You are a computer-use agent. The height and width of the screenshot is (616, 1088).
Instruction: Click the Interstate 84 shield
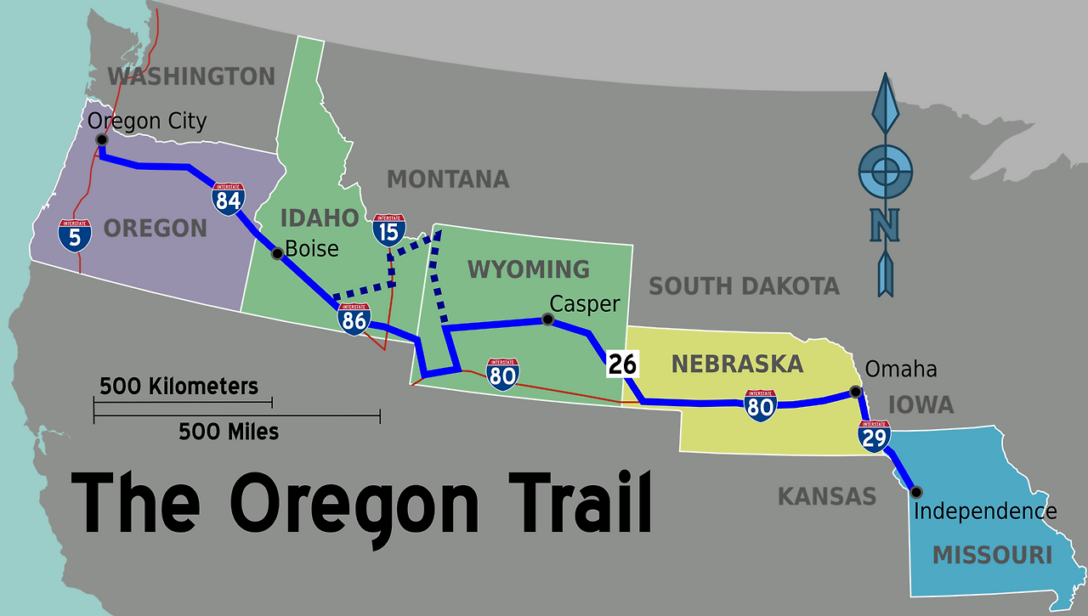[x=229, y=199]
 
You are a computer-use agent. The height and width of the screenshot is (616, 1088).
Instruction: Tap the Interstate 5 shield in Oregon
[x=75, y=235]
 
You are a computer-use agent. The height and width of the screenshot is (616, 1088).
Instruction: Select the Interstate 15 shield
[x=389, y=229]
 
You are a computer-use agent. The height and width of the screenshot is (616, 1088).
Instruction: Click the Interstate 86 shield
[x=354, y=319]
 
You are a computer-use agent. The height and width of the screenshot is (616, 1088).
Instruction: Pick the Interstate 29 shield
[x=874, y=435]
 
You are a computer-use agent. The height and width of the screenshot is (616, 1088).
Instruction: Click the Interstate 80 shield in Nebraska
[x=759, y=405]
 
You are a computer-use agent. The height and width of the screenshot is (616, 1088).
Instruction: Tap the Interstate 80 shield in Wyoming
[x=503, y=374]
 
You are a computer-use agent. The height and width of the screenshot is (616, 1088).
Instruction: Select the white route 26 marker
[x=622, y=365]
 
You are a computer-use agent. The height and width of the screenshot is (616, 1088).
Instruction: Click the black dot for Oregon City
[x=101, y=139]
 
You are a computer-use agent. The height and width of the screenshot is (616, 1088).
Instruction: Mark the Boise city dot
[x=276, y=253]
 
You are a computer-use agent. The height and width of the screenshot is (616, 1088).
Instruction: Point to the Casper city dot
[x=547, y=319]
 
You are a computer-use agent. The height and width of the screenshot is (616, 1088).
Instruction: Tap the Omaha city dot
[x=855, y=392]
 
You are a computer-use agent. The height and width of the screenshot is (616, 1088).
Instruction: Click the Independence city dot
[x=915, y=491]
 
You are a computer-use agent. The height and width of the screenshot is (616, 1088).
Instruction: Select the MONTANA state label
[x=448, y=179]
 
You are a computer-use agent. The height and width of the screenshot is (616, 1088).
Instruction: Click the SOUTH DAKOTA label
[x=744, y=286]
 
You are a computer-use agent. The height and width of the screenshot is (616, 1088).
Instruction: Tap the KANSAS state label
[x=826, y=496]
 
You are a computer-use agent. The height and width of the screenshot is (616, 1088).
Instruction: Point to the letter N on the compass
[x=886, y=226]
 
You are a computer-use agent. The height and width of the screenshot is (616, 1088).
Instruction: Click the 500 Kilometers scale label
[x=178, y=387]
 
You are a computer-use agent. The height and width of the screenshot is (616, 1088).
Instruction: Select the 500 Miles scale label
[x=229, y=432]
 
